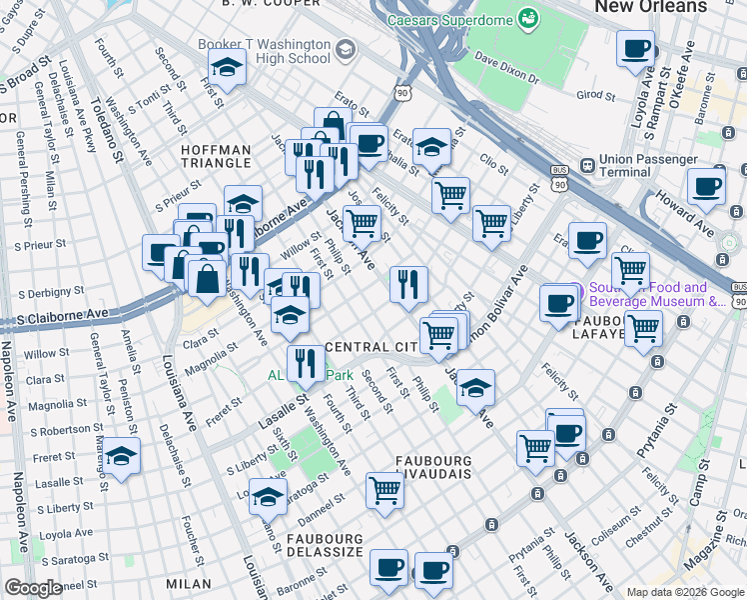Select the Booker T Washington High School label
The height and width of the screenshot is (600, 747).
(264, 51)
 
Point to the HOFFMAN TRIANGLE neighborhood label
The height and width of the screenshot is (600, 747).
(216, 156)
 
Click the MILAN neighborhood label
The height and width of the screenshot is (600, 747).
(189, 583)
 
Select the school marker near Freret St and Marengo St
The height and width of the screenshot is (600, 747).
(122, 457)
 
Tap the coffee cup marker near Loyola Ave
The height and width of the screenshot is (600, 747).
(636, 48)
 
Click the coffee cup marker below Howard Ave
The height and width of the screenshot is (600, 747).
(707, 186)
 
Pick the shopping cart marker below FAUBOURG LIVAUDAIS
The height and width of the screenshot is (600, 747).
(385, 490)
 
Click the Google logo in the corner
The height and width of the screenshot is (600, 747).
(33, 588)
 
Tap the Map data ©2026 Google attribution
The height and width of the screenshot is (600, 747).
(684, 592)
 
